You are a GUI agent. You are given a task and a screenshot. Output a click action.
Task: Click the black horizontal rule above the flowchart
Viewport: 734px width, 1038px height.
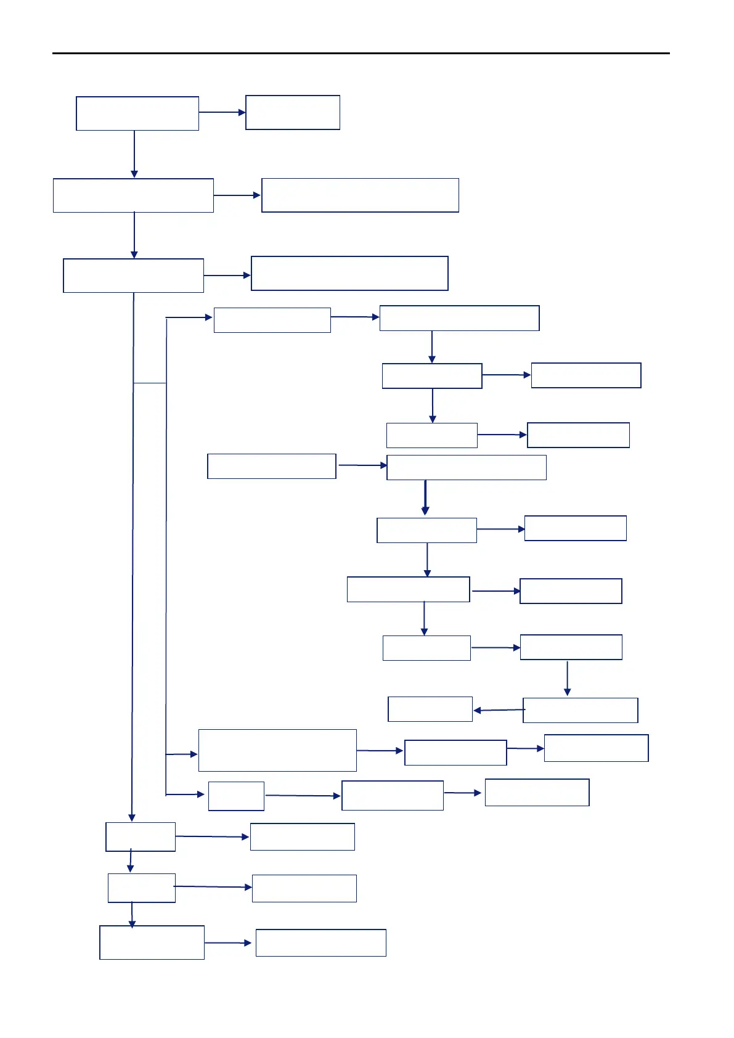pos(361,54)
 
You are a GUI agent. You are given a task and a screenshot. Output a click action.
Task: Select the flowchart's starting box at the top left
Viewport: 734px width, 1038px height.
pos(137,113)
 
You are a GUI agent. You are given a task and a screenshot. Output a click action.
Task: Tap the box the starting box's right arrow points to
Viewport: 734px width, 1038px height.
pos(293,112)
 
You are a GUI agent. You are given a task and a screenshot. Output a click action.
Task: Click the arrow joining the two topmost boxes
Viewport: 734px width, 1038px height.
pos(222,112)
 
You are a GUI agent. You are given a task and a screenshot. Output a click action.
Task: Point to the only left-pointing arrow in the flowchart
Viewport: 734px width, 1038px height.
pos(498,710)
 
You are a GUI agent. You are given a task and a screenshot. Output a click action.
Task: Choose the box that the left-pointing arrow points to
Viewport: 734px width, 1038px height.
pos(430,709)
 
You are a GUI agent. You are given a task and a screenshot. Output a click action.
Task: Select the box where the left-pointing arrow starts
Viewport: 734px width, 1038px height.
pos(580,710)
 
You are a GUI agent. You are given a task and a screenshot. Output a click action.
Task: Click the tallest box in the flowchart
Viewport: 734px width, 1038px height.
pos(277,750)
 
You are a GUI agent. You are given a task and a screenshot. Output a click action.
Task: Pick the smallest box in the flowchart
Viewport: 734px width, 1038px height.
pos(236,796)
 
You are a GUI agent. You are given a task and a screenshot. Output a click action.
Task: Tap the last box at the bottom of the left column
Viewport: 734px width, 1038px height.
pos(152,942)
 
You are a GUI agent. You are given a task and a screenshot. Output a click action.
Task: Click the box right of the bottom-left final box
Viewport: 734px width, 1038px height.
pos(320,942)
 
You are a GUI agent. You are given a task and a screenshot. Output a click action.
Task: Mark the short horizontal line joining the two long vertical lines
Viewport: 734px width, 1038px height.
pos(150,383)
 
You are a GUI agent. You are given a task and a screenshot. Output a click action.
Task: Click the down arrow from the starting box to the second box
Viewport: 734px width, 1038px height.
pos(134,154)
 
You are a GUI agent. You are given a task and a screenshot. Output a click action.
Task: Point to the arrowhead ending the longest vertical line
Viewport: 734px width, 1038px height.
pos(131,817)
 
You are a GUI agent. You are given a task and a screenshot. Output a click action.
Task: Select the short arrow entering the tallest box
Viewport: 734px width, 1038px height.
pos(182,754)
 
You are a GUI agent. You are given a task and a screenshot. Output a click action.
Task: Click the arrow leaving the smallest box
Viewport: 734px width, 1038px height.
pos(303,796)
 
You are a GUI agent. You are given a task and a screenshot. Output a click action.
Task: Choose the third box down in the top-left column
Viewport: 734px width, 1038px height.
pos(133,276)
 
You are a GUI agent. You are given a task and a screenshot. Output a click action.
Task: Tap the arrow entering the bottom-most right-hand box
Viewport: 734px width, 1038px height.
pos(228,942)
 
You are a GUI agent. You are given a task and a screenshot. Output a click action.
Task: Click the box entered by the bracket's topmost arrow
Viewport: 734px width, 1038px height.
pos(272,320)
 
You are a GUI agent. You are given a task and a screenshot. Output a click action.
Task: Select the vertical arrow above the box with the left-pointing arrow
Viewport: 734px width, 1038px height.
pos(567,678)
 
